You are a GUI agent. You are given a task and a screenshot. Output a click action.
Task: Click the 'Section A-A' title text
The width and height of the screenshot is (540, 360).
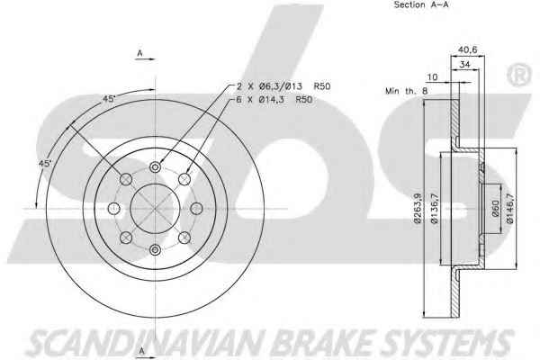421,4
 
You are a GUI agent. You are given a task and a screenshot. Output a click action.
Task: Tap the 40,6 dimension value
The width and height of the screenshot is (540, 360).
467,50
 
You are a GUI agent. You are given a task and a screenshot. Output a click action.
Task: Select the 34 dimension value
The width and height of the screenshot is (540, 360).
465,64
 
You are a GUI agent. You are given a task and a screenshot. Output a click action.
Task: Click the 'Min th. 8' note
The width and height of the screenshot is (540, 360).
407,91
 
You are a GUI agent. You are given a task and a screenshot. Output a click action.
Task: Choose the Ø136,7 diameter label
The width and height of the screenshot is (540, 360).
435,208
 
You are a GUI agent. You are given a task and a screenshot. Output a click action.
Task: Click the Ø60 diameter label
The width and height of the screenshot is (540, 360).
495,208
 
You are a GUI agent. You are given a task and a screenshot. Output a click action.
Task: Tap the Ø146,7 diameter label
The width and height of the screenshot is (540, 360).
510,208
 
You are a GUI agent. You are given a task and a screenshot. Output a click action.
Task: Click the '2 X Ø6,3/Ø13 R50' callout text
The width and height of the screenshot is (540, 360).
283,85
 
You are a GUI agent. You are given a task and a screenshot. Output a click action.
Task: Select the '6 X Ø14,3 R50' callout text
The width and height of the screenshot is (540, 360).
274,100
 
